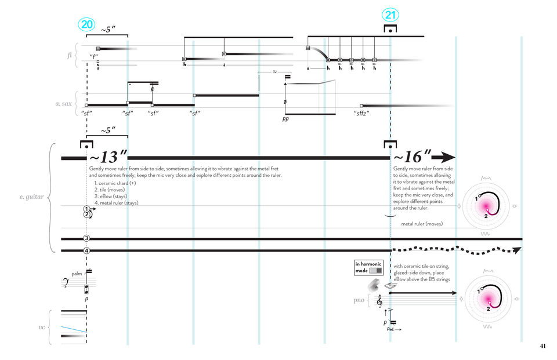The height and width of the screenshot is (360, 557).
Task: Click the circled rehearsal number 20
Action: pyautogui.click(x=86, y=24)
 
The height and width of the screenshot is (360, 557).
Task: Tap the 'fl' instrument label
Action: pyautogui.click(x=69, y=55)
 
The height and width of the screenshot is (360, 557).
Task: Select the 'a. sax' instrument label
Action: pyautogui.click(x=67, y=104)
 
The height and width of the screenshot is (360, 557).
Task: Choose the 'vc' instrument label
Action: pyautogui.click(x=42, y=328)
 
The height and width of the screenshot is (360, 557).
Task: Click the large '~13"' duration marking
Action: pyautogui.click(x=107, y=157)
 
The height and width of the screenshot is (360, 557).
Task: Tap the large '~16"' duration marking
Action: pyautogui.click(x=412, y=157)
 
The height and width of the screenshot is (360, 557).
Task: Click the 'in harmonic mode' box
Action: pyautogui.click(x=369, y=267)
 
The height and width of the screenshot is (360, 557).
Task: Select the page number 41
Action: pyautogui.click(x=542, y=346)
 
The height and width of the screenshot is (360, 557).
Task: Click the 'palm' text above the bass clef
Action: pyautogui.click(x=77, y=274)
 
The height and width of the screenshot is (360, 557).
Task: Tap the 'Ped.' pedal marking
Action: pyautogui.click(x=390, y=329)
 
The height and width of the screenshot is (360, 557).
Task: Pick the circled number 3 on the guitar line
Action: pyautogui.click(x=86, y=238)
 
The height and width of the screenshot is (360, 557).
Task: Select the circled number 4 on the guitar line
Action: pyautogui.click(x=86, y=250)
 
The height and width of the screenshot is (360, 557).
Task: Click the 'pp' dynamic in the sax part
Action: pyautogui.click(x=285, y=118)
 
